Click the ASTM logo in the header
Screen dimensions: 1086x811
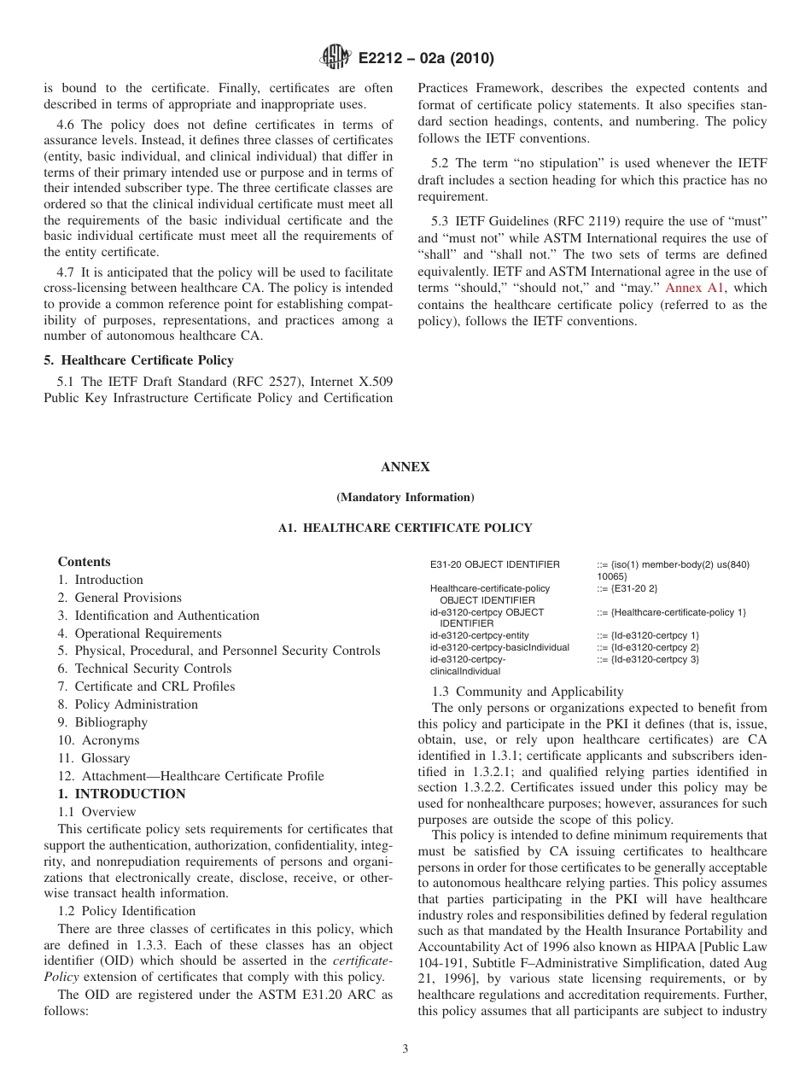[335, 58]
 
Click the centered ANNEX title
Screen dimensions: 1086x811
[405, 467]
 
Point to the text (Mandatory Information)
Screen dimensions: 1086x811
[405, 497]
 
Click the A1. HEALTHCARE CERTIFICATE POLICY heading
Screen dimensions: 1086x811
[405, 528]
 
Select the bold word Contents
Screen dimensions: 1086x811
[84, 562]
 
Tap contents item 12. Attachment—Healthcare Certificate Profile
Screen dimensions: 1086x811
[190, 776]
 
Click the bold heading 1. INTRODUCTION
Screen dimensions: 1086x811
[121, 794]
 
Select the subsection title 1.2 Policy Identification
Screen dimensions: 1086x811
[126, 911]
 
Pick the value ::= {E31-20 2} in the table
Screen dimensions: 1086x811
[627, 588]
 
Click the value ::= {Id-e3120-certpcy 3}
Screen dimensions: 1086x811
[648, 659]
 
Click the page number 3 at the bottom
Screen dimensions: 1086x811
[405, 1049]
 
